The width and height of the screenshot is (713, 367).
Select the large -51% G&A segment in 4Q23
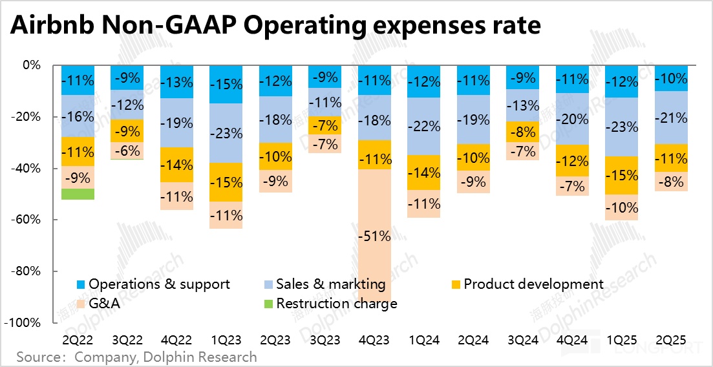pyautogui.click(x=376, y=236)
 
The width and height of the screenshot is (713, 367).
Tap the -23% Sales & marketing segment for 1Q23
pyautogui.click(x=227, y=133)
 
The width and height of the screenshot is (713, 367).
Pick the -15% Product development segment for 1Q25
pyautogui.click(x=623, y=175)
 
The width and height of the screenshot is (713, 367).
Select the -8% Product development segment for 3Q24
pyautogui.click(x=524, y=132)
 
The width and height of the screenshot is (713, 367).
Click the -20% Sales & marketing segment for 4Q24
pyautogui.click(x=574, y=119)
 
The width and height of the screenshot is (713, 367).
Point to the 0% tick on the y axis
pyautogui.click(x=32, y=65)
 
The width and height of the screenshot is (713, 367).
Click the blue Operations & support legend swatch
pyautogui.click(x=81, y=284)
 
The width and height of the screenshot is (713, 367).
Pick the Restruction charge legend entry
pyautogui.click(x=336, y=304)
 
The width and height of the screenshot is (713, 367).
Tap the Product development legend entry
pyautogui.click(x=533, y=284)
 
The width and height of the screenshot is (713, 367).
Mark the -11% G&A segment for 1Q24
pyautogui.click(x=425, y=204)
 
